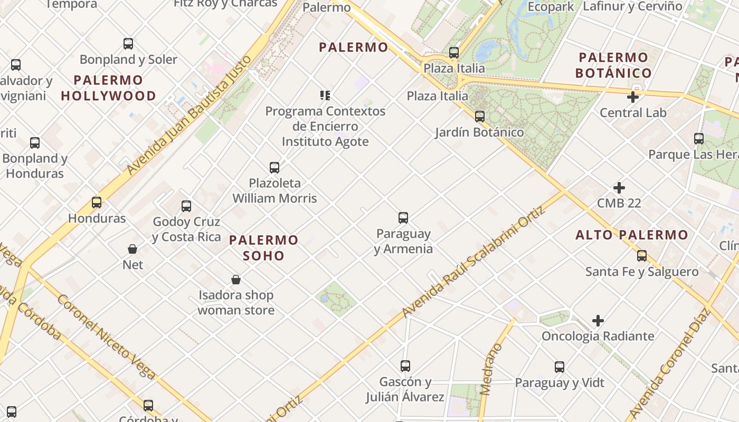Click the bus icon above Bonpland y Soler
tap(128, 44)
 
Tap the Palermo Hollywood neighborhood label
tap(108, 88)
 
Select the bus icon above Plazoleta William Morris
tap(274, 168)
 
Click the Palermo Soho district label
tap(264, 248)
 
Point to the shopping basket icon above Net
tap(132, 248)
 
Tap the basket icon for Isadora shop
tap(236, 280)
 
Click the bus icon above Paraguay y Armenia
tap(403, 217)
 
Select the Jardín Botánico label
tap(479, 132)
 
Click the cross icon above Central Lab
tap(633, 97)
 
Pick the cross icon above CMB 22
tap(619, 188)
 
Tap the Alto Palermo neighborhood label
tap(632, 235)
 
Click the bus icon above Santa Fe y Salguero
tap(642, 256)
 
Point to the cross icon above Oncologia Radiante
tap(598, 321)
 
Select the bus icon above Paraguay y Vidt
tap(560, 367)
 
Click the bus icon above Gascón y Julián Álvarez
tap(405, 366)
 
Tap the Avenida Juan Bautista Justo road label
tap(188, 116)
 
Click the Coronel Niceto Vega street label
tap(106, 337)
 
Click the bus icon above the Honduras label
tap(97, 203)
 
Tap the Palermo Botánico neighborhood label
tap(613, 65)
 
